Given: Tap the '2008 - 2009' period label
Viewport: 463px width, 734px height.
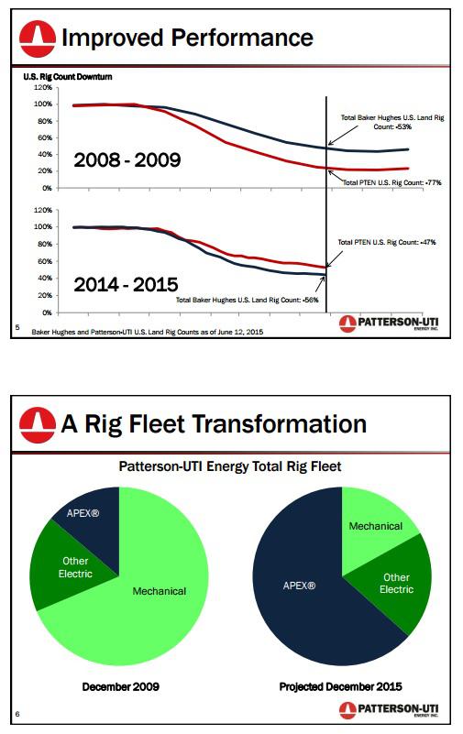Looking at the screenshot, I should (x=127, y=161).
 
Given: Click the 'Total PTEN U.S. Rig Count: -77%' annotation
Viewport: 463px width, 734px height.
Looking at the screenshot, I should (x=392, y=183).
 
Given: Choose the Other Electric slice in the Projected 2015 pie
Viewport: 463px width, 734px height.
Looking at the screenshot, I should (x=396, y=583).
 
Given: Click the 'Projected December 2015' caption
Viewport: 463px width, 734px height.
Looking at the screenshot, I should (x=342, y=686).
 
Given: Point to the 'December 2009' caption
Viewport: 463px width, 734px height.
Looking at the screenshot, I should (x=119, y=686).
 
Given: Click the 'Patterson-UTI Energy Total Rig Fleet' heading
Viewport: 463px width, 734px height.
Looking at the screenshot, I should (x=230, y=466).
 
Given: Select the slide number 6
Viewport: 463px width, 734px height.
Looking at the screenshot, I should (x=17, y=712).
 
